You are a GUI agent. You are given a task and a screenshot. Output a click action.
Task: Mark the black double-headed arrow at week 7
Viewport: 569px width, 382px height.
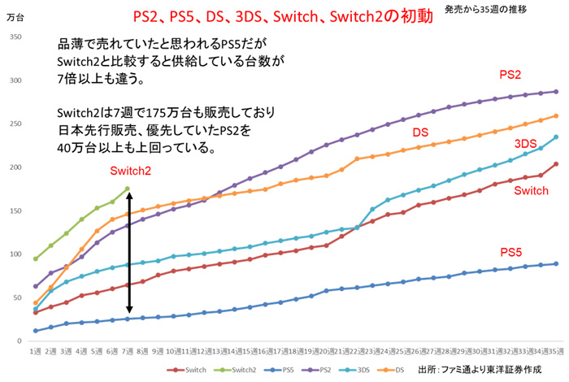[x=128, y=254]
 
